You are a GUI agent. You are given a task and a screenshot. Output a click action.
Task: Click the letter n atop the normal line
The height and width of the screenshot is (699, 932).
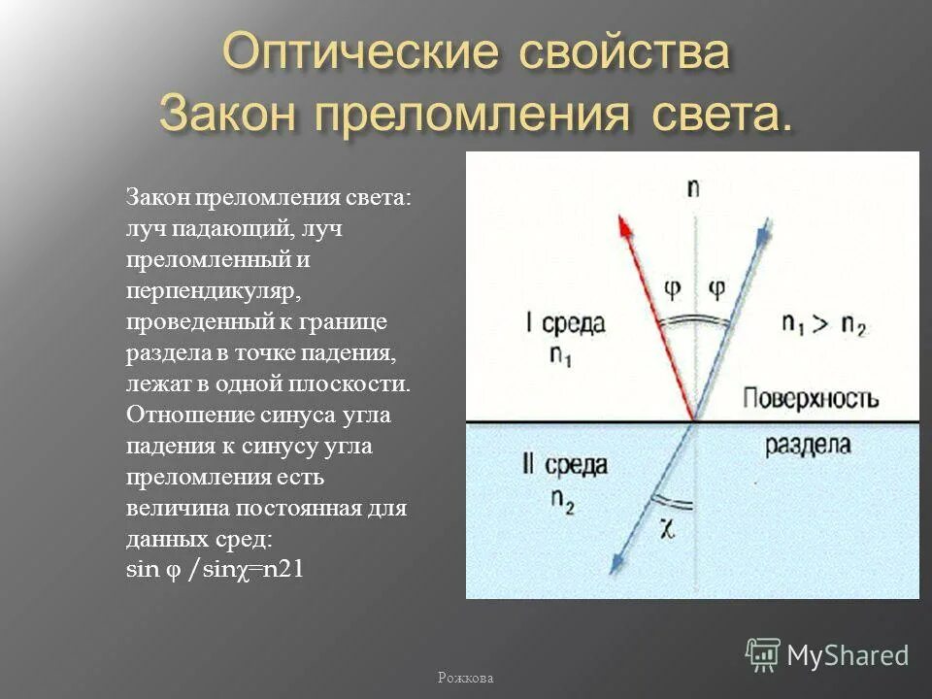692,186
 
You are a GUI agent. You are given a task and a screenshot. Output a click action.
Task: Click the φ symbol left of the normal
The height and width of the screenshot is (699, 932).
672,286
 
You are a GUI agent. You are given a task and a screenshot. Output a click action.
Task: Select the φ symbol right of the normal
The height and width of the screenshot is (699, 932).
716,286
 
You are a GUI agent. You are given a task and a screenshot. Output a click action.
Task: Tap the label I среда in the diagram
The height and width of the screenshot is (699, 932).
568,324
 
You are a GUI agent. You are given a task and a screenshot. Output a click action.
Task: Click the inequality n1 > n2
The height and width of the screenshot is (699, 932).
824,325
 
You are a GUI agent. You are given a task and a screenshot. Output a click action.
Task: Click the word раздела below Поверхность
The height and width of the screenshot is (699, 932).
807,446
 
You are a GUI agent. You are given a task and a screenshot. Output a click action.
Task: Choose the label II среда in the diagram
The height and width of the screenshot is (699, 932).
566,465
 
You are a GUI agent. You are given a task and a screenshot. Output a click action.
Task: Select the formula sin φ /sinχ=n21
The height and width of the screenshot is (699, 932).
216,570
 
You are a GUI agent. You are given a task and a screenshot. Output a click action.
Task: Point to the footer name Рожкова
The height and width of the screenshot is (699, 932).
466,679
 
